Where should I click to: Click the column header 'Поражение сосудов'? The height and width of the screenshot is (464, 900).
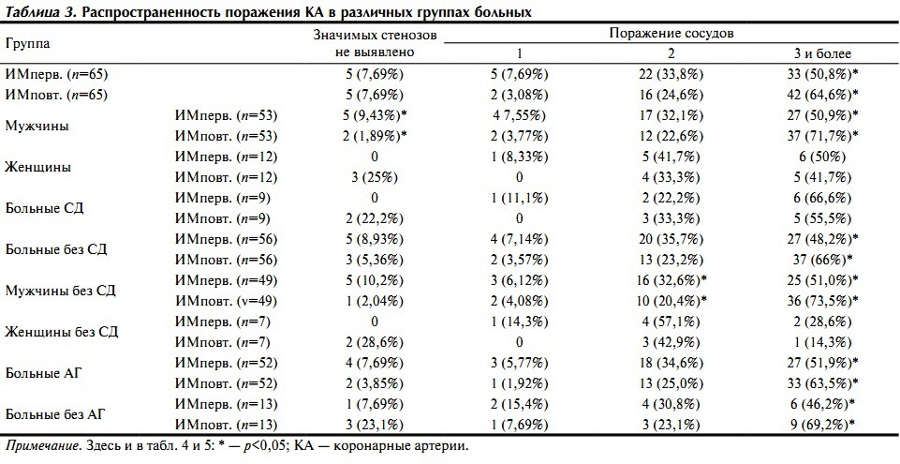(x=671, y=33)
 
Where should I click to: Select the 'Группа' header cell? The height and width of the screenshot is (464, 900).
(x=28, y=44)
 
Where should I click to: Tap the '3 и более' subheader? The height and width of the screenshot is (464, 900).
(x=820, y=53)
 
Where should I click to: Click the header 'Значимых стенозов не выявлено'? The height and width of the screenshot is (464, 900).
(x=376, y=43)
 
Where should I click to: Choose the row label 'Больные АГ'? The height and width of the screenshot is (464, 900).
(x=44, y=373)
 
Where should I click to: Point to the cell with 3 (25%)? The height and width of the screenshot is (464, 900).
(x=375, y=177)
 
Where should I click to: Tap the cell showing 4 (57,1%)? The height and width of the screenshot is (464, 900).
(x=671, y=322)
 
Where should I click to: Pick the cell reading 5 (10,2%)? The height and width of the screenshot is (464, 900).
(x=375, y=280)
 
